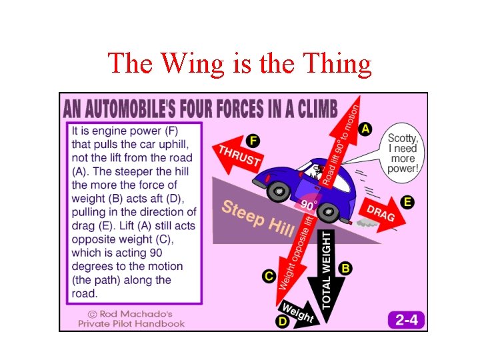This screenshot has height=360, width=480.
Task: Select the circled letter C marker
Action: (x=269, y=275)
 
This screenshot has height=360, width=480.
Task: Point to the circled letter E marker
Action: (x=407, y=201)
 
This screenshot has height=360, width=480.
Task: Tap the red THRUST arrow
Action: (x=237, y=155)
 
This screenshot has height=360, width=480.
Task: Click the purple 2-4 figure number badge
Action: (x=406, y=319)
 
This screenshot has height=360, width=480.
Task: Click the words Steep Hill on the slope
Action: (x=257, y=216)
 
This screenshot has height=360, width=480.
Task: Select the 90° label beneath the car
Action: (x=308, y=205)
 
